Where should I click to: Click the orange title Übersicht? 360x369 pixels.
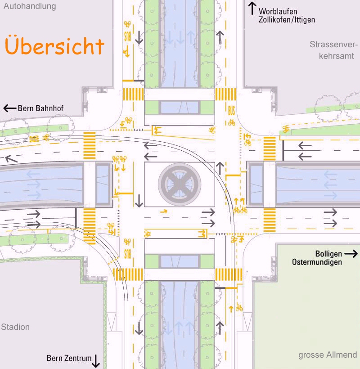[x=54, y=45]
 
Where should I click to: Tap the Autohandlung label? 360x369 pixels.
[x=30, y=6]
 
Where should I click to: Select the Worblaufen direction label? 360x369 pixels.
[x=278, y=11]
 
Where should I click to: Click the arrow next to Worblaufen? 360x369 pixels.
[x=252, y=8]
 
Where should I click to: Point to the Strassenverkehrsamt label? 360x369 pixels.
[x=333, y=50]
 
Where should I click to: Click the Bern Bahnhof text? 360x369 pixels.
[x=40, y=108]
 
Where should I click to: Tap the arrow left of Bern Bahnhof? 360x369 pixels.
[x=9, y=108]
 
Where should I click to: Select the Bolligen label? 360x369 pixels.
[x=328, y=254]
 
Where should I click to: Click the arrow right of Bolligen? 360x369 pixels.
[x=351, y=254]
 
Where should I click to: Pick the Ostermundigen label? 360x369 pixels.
[x=317, y=262]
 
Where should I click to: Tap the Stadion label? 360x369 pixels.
[x=15, y=327]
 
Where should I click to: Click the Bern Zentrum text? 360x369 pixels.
[x=69, y=358]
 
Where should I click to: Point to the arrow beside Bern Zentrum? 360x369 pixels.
[x=96, y=361]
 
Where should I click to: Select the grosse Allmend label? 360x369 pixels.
[x=328, y=355]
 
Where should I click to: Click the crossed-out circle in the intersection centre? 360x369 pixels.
[x=180, y=184]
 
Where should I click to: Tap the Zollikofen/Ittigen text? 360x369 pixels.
[x=287, y=20]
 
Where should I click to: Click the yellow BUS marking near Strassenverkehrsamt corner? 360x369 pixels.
[x=231, y=111]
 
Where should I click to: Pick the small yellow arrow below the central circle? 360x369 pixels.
[x=164, y=211]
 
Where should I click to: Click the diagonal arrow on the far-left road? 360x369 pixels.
[x=11, y=159]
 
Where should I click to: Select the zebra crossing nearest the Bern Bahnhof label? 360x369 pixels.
[x=90, y=146]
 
